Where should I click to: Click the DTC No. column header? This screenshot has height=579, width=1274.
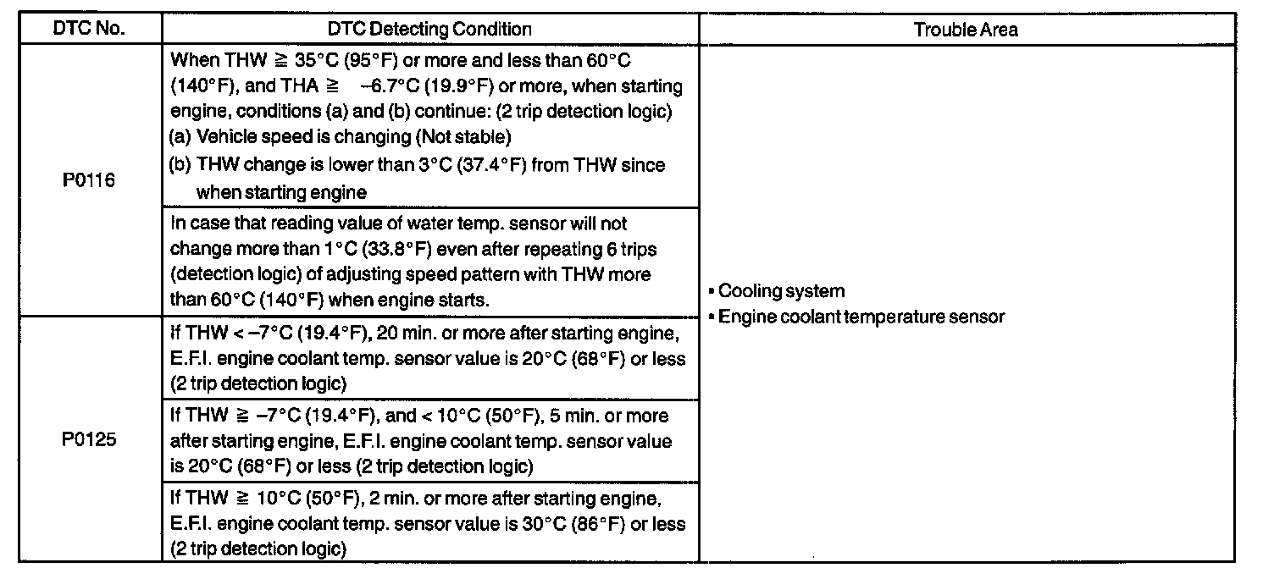tap(89, 29)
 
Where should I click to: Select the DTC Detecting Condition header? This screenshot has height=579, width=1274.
tap(429, 29)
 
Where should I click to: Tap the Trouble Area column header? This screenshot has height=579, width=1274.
tap(966, 30)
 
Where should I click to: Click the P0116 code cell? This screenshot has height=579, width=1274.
tap(89, 180)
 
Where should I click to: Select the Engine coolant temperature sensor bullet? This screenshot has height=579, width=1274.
tap(861, 317)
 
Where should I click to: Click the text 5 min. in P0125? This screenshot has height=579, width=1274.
tap(573, 416)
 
